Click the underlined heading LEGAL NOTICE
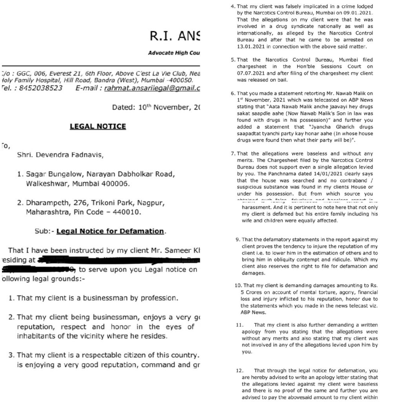[98, 126]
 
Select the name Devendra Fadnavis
[70, 155]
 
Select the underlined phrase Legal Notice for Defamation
[110, 231]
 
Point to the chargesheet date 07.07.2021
[251, 73]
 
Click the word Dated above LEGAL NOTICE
[122, 107]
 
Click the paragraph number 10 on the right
[238, 285]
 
